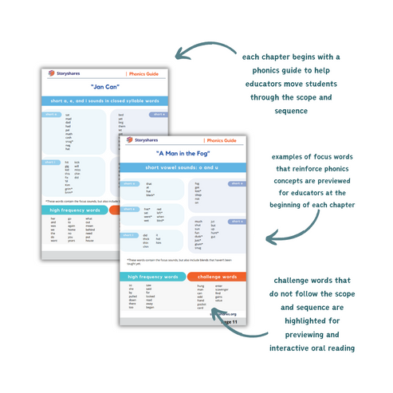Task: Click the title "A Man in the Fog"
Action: pyautogui.click(x=188, y=152)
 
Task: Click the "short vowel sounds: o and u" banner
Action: pyautogui.click(x=188, y=167)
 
